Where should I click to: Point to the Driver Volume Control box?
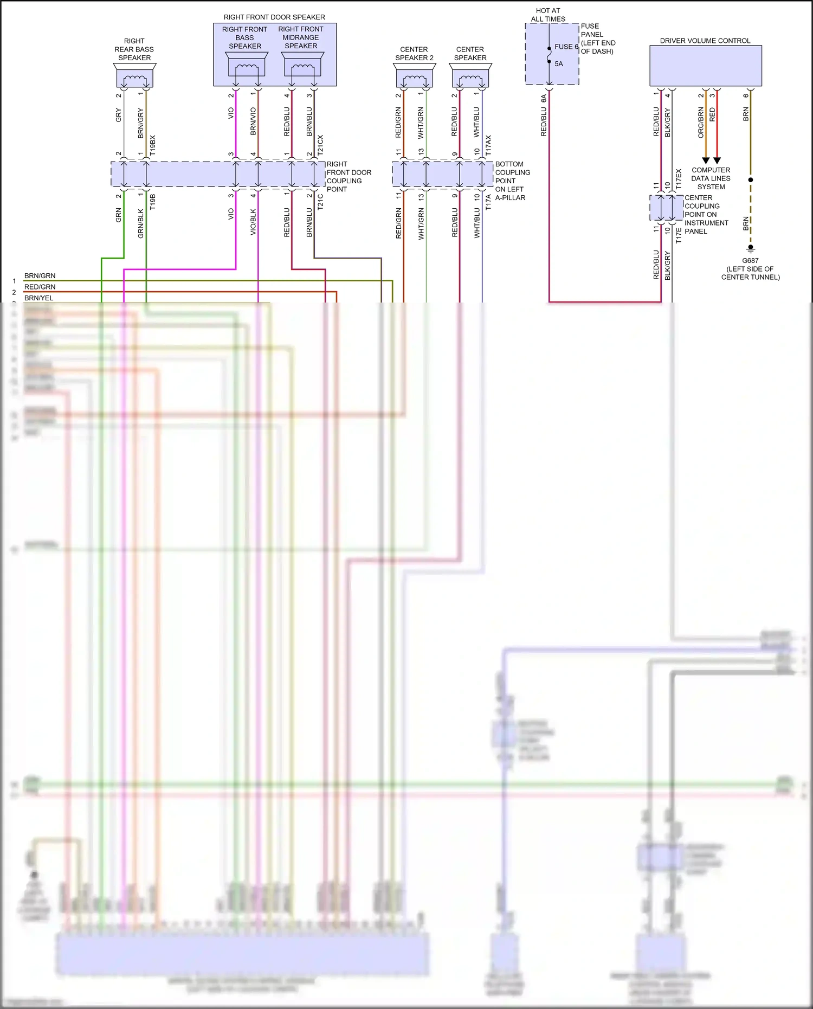(705, 66)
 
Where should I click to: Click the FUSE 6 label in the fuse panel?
(566, 47)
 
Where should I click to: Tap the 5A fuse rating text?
(559, 64)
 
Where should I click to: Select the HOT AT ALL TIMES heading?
(548, 15)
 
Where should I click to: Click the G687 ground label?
(750, 261)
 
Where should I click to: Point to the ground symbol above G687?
(751, 248)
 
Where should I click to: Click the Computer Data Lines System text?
(711, 178)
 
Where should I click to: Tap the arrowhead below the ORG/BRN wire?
(706, 160)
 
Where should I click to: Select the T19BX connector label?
(153, 145)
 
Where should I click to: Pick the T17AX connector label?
(488, 145)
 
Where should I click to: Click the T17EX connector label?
(679, 179)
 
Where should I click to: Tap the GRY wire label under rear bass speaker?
(119, 115)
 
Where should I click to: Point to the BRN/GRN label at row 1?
(40, 276)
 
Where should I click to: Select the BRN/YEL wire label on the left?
(38, 298)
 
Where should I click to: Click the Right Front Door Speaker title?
(274, 17)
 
